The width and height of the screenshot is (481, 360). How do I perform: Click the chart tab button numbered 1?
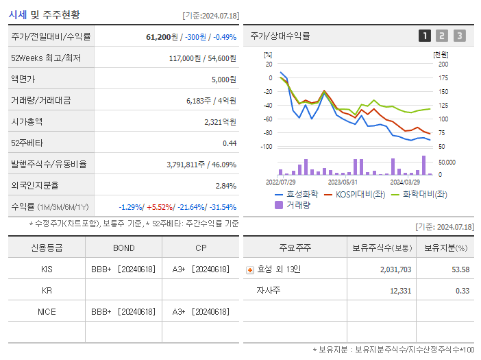pyautogui.click(x=425, y=36)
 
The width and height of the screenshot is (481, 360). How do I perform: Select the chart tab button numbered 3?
pyautogui.click(x=459, y=36)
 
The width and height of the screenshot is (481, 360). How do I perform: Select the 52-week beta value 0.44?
pyautogui.click(x=229, y=143)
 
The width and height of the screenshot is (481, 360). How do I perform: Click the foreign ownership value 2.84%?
pyautogui.click(x=225, y=185)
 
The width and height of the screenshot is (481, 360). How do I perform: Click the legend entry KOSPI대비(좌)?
pyautogui.click(x=354, y=194)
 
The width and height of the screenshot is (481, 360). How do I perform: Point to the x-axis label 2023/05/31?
pyautogui.click(x=343, y=182)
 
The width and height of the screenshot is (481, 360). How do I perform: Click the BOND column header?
pyautogui.click(x=123, y=248)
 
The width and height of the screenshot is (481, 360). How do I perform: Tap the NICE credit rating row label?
pyautogui.click(x=47, y=311)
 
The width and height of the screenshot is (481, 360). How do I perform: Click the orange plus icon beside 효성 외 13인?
pyautogui.click(x=249, y=269)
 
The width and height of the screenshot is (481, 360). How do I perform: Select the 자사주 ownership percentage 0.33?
pyautogui.click(x=462, y=291)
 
